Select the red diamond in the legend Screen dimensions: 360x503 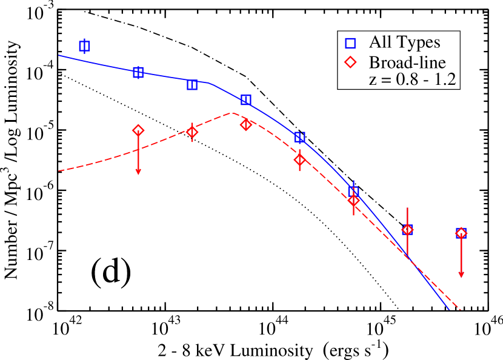tap(352, 62)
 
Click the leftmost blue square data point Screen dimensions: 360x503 tap(85, 46)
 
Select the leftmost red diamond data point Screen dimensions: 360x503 tap(138, 130)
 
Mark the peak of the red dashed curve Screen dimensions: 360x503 tap(233, 113)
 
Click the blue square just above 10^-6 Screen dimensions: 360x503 tap(354, 192)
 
